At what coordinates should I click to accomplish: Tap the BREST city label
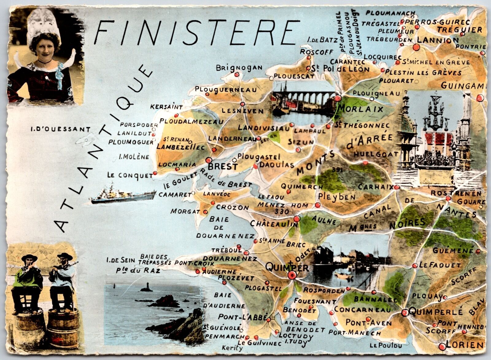pos(223,167)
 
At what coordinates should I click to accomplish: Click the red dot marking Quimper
pos(292,275)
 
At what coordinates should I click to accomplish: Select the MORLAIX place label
pos(360,109)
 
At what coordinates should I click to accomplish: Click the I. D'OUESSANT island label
pos(60,130)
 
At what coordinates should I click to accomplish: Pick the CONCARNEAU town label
pos(362,309)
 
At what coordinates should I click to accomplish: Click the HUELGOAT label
pos(376,154)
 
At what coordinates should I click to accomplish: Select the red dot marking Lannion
pos(416,47)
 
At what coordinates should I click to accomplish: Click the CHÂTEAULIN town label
pos(274,223)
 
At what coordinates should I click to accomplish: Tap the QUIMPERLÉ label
pos(436,312)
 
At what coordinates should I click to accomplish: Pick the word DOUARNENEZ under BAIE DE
pos(225,236)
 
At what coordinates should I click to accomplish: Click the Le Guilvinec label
pos(259,343)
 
